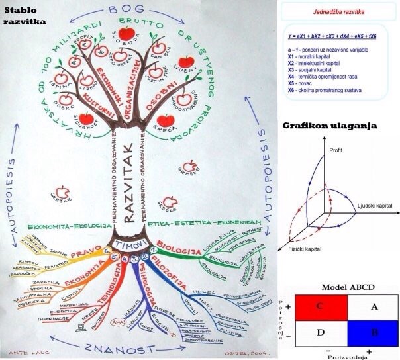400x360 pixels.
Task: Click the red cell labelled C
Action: click(321, 306)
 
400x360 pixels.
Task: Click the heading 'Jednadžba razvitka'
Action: click(338, 12)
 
